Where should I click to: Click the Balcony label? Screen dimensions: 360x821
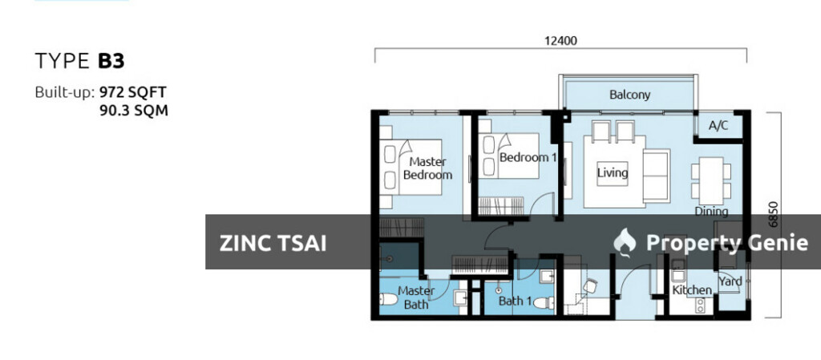point(629,95)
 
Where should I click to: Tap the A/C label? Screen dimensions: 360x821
point(718,125)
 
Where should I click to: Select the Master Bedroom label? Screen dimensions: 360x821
point(427,168)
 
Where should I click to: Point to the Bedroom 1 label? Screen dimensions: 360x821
point(527,158)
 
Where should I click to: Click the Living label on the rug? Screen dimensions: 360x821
point(613,172)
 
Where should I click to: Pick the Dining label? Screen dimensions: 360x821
point(711,212)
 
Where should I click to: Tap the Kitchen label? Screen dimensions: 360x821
point(691,290)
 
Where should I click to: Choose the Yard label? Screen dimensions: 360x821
point(730,281)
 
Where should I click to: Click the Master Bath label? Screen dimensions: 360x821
point(416,297)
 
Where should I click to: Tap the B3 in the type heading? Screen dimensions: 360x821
point(111,60)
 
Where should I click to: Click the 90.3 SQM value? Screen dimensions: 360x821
point(133,111)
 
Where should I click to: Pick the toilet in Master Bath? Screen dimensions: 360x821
point(386,300)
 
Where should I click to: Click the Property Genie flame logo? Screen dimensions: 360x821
point(624,241)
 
